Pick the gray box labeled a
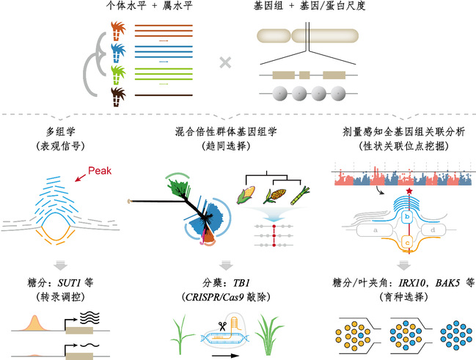tap(376, 230)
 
